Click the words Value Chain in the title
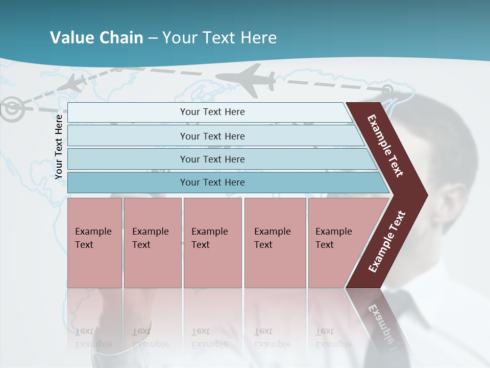coord(96,38)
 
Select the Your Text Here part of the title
coord(219,38)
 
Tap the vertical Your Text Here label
coord(59,147)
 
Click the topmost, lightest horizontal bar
coord(212,112)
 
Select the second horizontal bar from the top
coord(212,136)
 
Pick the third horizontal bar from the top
coord(212,159)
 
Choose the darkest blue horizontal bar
coord(212,182)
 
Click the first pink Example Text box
coord(94,242)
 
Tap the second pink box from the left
coord(152,242)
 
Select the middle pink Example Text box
coord(212,242)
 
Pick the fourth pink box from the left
coord(275,242)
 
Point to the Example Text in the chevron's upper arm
coord(386,146)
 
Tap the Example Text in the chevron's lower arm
coord(387,242)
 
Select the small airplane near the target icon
coord(73,84)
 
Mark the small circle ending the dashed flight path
coord(387,90)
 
